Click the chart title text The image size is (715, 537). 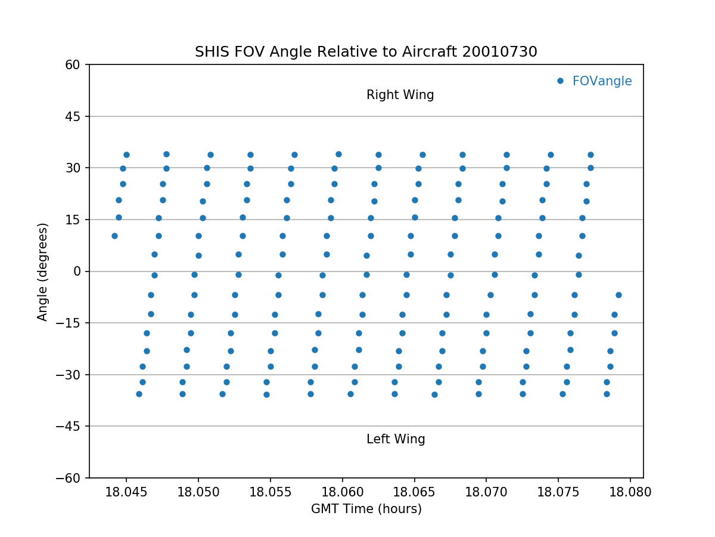tap(366, 52)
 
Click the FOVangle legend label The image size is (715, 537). tap(602, 81)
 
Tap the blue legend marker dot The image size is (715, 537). tap(560, 81)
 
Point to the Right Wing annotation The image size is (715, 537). tap(400, 95)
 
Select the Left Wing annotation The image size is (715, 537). tap(396, 439)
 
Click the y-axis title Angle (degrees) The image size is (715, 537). tap(43, 271)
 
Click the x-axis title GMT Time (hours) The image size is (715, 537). tap(366, 509)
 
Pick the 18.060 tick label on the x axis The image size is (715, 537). tap(342, 492)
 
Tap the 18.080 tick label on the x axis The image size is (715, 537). tap(630, 492)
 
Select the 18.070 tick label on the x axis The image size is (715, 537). tap(486, 492)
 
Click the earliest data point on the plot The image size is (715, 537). tap(114, 236)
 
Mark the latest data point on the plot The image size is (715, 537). tap(618, 295)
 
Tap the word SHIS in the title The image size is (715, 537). tap(210, 52)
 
